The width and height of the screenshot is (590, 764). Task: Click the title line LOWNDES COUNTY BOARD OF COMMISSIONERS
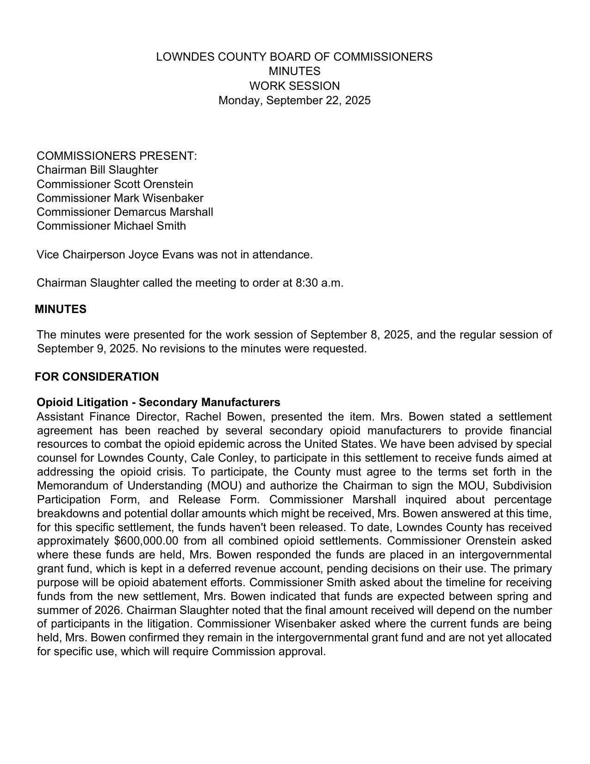294,57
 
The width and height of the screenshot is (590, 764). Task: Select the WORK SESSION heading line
294,86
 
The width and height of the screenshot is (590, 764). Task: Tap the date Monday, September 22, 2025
294,100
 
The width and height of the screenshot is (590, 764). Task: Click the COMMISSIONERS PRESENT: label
117,156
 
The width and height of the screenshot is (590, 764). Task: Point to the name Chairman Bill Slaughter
97,170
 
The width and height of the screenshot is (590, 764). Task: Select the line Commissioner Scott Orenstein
115,184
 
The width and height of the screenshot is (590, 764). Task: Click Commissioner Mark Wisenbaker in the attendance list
120,198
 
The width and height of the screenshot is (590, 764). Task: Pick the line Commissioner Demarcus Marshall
125,212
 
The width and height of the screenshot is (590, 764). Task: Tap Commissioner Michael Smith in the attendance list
111,226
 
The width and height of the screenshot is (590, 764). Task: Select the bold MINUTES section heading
61,309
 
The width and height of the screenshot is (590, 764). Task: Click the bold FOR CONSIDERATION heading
97,377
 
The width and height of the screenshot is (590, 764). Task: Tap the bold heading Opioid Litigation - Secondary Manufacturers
158,402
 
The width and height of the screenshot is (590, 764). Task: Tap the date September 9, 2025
87,349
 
